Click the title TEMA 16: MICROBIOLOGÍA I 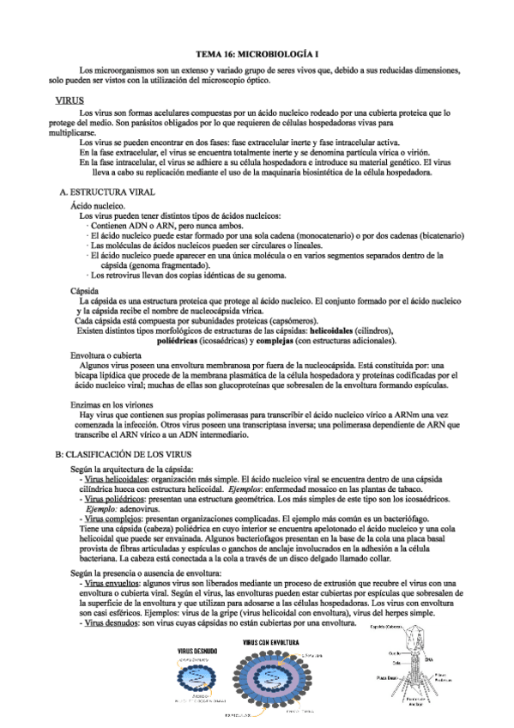tap(257, 53)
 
